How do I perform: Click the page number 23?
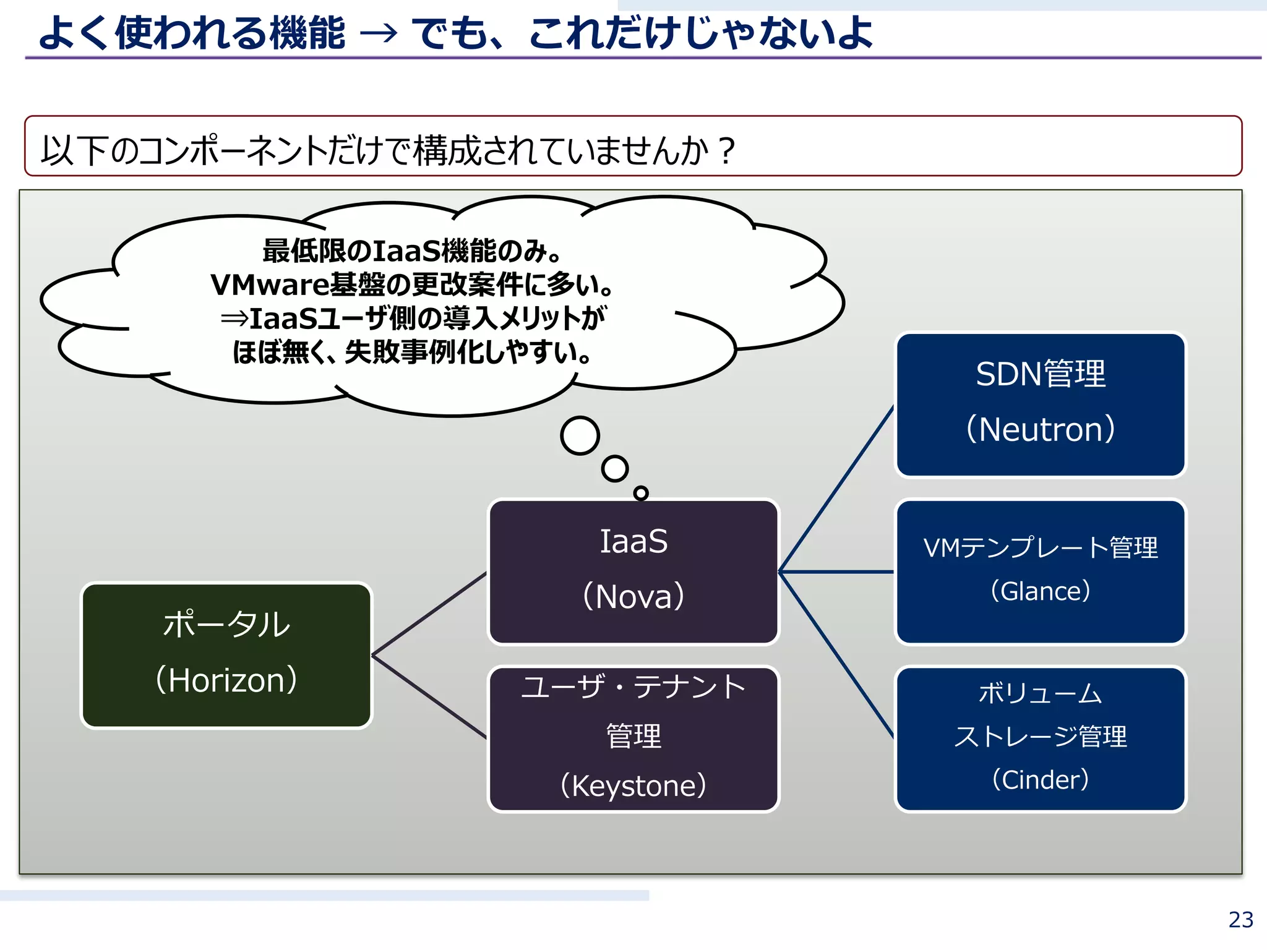tap(1240, 920)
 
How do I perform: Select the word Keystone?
tap(633, 786)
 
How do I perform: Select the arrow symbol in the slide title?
tap(379, 33)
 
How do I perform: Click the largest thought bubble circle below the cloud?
tap(580, 435)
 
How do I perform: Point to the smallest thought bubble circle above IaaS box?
tap(641, 493)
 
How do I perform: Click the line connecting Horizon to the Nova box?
tap(429, 614)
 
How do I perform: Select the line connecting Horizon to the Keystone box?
tap(429, 696)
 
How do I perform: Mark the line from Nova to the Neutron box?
tap(836, 489)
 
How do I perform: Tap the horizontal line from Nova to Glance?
tap(836, 572)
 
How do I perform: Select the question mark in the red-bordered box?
tap(728, 150)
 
